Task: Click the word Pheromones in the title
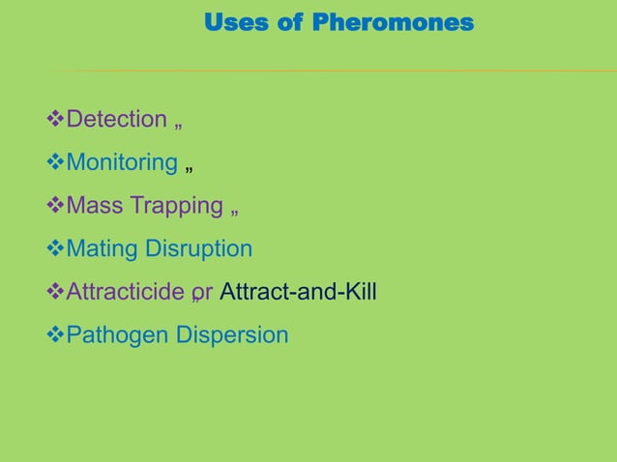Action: [x=394, y=22]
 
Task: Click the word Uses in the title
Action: [x=237, y=22]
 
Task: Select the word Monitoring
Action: [x=121, y=162]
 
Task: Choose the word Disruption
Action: [x=198, y=249]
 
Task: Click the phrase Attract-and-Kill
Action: [x=298, y=292]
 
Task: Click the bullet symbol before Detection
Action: [x=55, y=120]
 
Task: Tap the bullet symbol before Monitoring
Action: [x=55, y=162]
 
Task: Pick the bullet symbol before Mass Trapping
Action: [x=55, y=206]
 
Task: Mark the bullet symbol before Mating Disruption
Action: [x=55, y=249]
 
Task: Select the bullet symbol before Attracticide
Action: [x=55, y=292]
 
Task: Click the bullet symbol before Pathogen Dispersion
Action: [x=55, y=335]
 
